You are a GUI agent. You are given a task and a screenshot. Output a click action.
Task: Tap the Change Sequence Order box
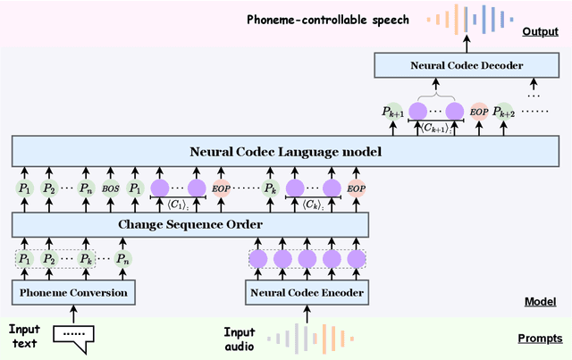[189, 224]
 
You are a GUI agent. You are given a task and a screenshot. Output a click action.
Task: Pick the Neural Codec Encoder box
[307, 292]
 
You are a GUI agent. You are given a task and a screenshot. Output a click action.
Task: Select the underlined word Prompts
[540, 339]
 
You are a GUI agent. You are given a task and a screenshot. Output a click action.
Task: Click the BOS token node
[110, 188]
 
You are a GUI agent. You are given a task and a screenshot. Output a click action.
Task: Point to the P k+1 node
[391, 112]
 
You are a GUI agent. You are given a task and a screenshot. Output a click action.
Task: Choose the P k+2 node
[506, 112]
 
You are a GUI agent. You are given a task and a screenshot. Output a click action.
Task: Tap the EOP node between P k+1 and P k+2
[479, 112]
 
